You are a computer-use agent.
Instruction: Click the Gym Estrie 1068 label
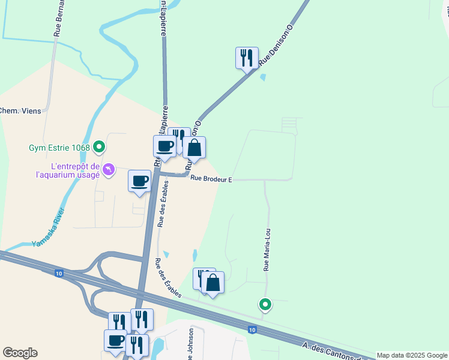(x=59, y=147)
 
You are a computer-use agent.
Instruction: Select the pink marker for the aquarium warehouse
(x=109, y=170)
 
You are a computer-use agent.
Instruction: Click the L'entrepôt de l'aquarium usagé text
(x=66, y=170)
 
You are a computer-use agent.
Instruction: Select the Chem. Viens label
(x=19, y=110)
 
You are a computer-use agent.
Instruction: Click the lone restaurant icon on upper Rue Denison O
(x=247, y=58)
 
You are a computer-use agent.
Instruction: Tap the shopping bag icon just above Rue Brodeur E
(x=194, y=148)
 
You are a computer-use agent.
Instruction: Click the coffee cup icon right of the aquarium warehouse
(x=140, y=181)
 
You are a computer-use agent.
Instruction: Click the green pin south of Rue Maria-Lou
(x=265, y=304)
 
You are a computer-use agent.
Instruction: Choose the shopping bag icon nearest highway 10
(x=212, y=282)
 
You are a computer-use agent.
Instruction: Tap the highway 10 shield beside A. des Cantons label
(x=252, y=329)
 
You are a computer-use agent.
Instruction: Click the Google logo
(x=20, y=353)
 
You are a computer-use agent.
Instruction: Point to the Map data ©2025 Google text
(x=412, y=355)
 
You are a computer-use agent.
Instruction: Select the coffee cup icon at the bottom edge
(x=115, y=340)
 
